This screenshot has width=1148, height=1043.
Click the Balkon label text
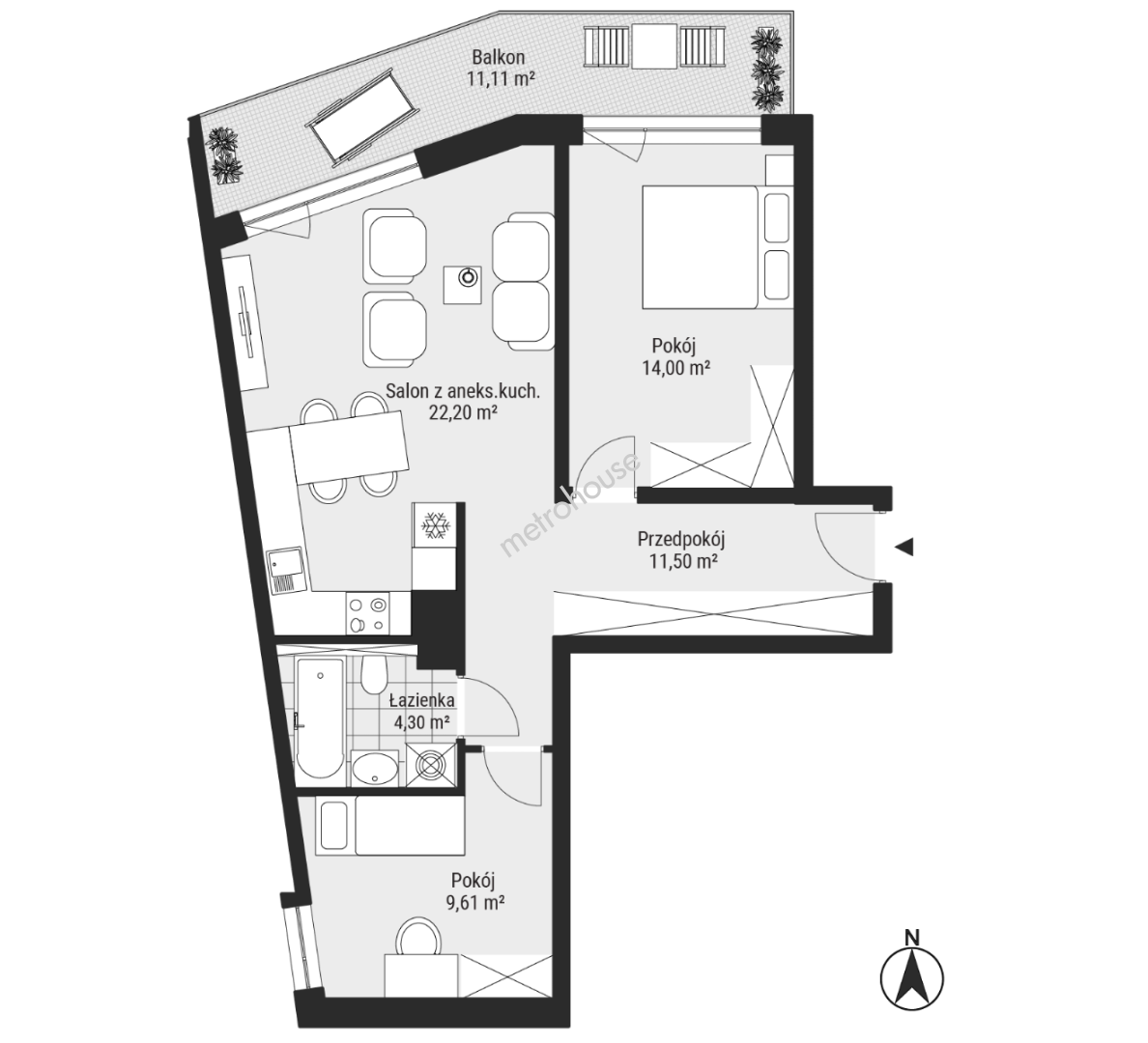[x=498, y=57]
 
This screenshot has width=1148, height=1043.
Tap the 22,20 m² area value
[x=463, y=412]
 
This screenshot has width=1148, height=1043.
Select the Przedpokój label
[x=681, y=540]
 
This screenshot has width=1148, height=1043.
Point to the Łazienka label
[x=421, y=700]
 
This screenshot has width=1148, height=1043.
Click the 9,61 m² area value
[x=475, y=902]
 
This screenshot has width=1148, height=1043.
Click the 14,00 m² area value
[x=675, y=367]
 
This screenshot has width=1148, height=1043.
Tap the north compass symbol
[x=911, y=973]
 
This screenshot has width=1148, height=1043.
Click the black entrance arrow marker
[x=904, y=546]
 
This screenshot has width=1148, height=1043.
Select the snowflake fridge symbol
[x=435, y=524]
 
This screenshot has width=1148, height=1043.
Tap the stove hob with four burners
[x=367, y=613]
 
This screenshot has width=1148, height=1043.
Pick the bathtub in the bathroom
[x=320, y=719]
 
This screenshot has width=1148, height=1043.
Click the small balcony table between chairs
[x=655, y=47]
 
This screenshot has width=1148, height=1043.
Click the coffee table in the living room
[x=463, y=285]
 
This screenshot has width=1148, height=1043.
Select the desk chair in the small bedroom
[x=419, y=938]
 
